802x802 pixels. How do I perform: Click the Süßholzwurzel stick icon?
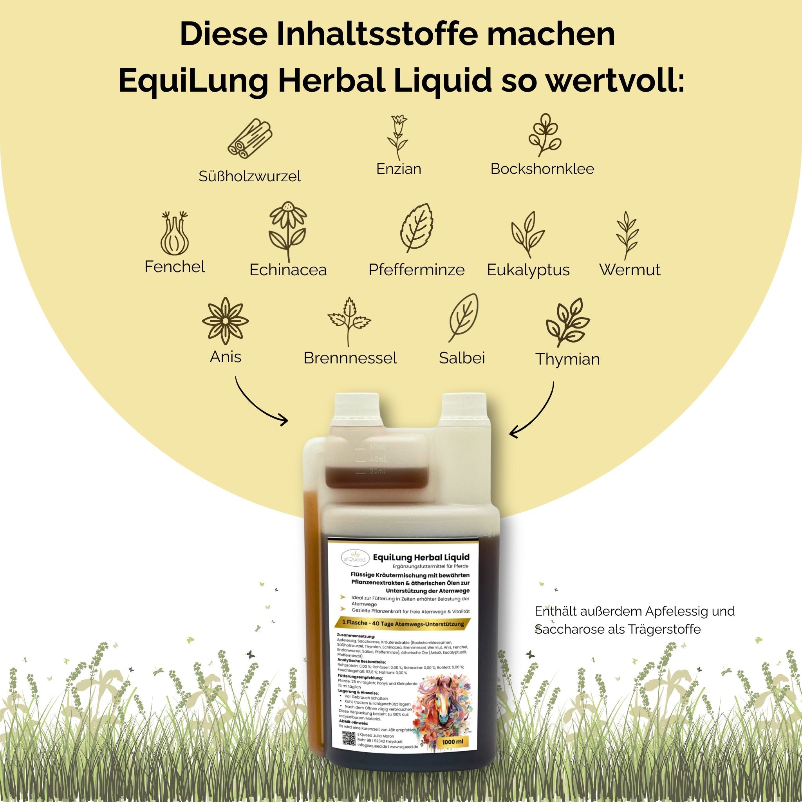coord(250,138)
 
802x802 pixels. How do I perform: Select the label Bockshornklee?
coord(542,169)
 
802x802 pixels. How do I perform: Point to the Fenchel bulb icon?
coord(175,235)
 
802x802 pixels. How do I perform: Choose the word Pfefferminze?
coord(416,270)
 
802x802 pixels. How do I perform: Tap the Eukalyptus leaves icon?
coord(527,235)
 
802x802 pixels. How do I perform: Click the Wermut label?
coord(629,270)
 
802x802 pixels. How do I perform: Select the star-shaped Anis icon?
coord(226,320)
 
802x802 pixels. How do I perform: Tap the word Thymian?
coord(567,359)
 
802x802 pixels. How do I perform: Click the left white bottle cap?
coord(358,409)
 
